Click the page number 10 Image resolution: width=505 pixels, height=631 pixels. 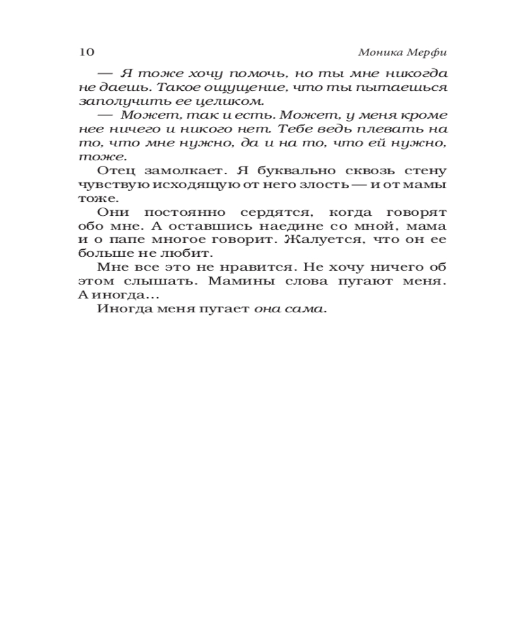click(x=86, y=51)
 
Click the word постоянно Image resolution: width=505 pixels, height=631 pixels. click(x=182, y=212)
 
